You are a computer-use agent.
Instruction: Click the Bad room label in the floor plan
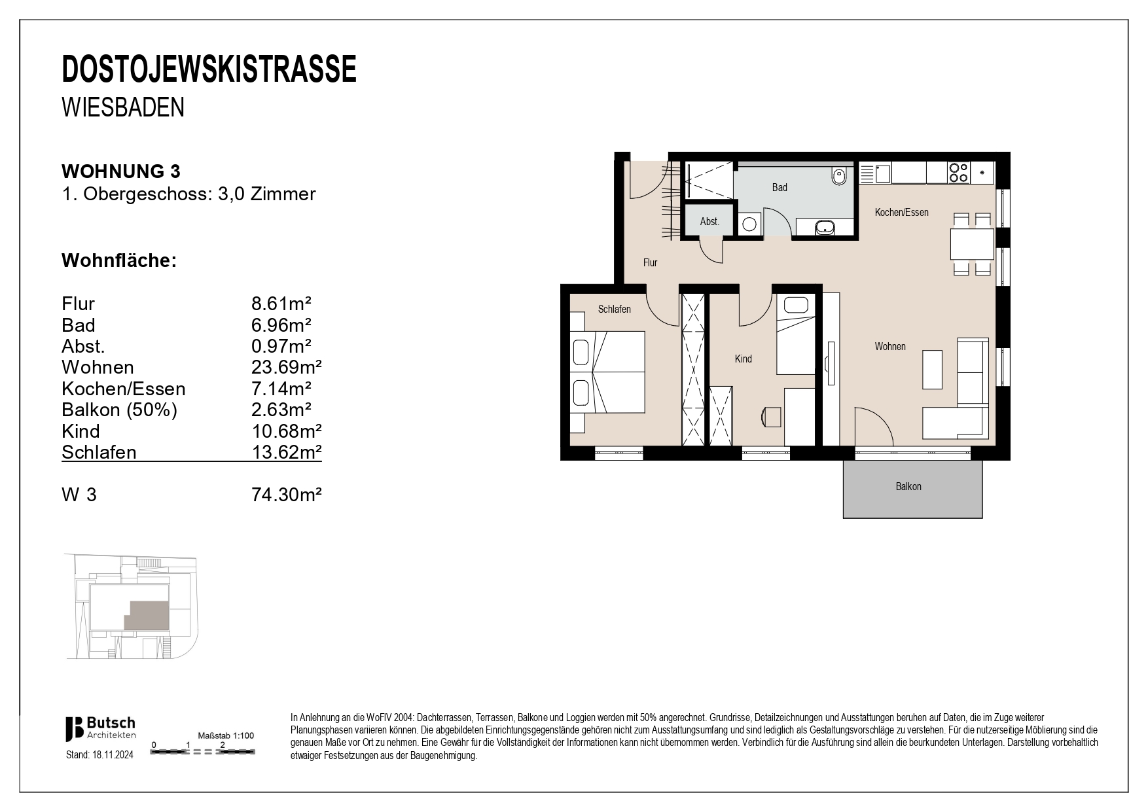pos(779,188)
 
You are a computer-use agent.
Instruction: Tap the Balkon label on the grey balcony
pos(908,487)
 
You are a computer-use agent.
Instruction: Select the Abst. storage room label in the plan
pos(709,222)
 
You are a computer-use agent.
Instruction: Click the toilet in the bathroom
pos(838,176)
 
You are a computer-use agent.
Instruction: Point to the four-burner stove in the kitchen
pos(958,173)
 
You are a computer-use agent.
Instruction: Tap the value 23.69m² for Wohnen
pos(286,368)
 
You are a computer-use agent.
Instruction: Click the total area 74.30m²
pos(286,495)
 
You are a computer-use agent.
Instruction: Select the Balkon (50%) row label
pos(119,410)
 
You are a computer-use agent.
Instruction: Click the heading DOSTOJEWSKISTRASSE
pos(209,69)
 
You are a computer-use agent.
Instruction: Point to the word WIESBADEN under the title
pos(123,108)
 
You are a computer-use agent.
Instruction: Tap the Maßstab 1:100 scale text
pos(226,735)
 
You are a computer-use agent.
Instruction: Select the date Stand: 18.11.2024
pos(99,754)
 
